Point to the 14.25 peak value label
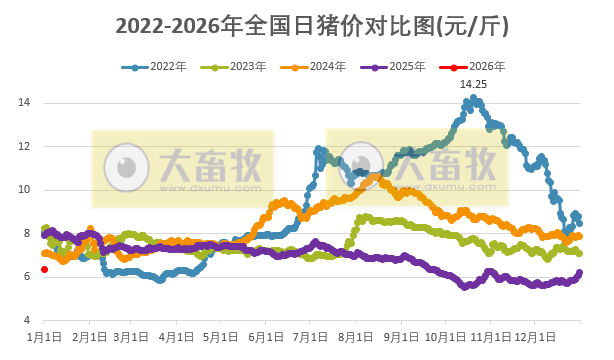click(x=473, y=85)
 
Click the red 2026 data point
click(x=44, y=269)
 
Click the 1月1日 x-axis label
click(x=45, y=338)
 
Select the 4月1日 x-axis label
click(x=176, y=338)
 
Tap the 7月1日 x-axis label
click(x=309, y=338)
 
